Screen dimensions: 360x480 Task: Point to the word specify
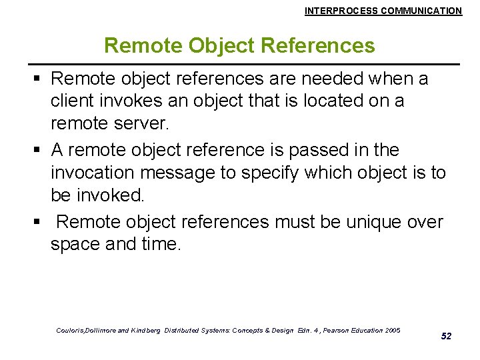(271, 172)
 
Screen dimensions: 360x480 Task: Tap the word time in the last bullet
(161, 244)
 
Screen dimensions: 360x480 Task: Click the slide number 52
(446, 336)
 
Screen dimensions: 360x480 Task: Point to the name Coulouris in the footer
(72, 331)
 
